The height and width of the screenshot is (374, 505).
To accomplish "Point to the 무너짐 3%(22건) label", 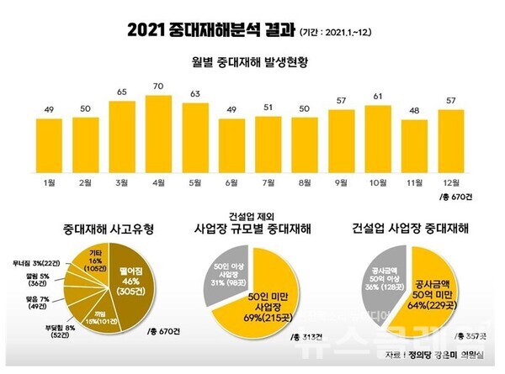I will pyautogui.click(x=49, y=263).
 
